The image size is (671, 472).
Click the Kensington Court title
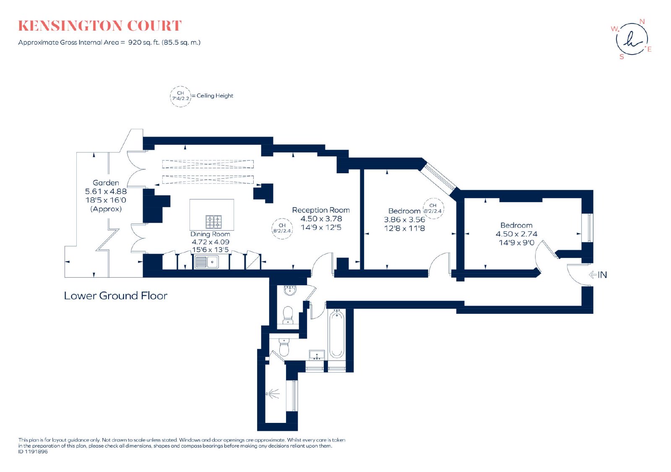pyautogui.click(x=100, y=26)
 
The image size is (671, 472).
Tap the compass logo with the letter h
pyautogui.click(x=632, y=39)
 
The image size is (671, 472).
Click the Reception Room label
pyautogui.click(x=321, y=210)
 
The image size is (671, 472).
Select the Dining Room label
pyautogui.click(x=210, y=234)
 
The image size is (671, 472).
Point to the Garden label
pyautogui.click(x=106, y=183)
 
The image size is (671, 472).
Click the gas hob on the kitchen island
pyautogui.click(x=213, y=222)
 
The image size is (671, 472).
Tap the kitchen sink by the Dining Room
pyautogui.click(x=206, y=262)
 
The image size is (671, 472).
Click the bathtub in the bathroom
pyautogui.click(x=337, y=334)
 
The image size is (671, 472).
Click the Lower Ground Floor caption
pyautogui.click(x=116, y=296)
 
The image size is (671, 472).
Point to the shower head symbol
pyautogui.click(x=273, y=394)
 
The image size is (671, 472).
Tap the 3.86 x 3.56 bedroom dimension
pyautogui.click(x=404, y=220)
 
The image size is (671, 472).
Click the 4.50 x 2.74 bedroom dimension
pyautogui.click(x=516, y=234)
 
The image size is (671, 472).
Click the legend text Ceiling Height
pyautogui.click(x=215, y=96)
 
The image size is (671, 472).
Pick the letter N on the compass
pyautogui.click(x=642, y=21)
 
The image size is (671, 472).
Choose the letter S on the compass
pyautogui.click(x=622, y=57)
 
